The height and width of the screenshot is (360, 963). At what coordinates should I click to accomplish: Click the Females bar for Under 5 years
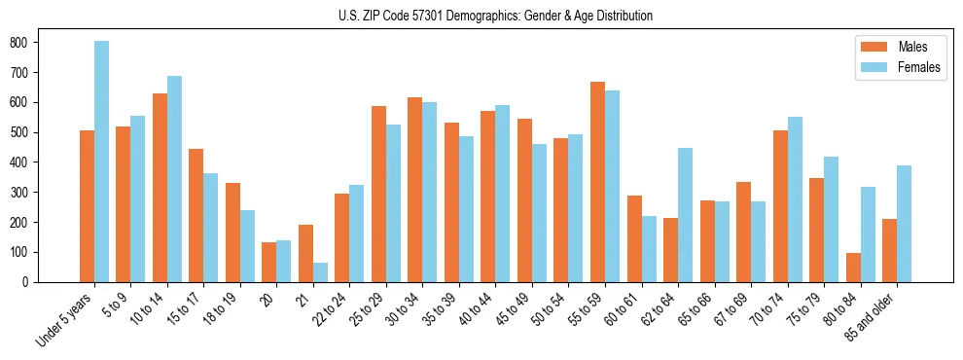pos(101,162)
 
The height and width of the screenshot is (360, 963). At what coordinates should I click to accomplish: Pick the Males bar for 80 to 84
pos(853,268)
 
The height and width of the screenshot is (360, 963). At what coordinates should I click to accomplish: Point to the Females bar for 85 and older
pos(904,224)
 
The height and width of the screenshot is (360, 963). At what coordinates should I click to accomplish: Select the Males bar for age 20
pos(269,262)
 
